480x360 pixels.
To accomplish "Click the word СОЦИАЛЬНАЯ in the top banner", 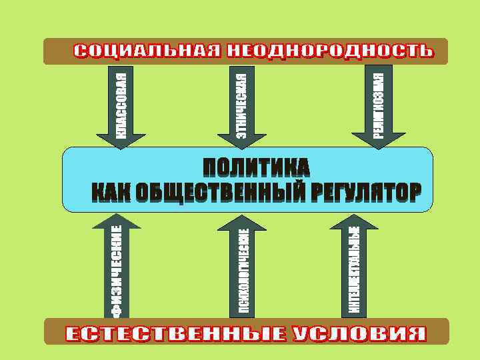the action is click(146, 51).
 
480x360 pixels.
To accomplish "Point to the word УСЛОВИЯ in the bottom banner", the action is click(360, 333).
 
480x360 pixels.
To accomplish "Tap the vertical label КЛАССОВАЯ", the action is click(121, 103).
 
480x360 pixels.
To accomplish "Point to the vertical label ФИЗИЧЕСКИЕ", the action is click(117, 270).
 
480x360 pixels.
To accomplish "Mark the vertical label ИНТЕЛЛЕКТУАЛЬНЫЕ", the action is click(354, 270).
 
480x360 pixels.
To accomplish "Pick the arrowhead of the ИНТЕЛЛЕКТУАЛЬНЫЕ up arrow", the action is click(354, 220).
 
